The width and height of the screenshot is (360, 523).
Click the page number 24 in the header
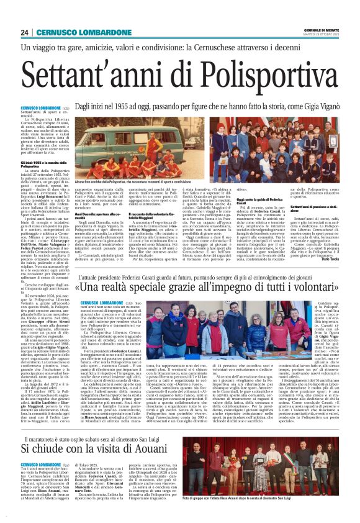tap(25, 32)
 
